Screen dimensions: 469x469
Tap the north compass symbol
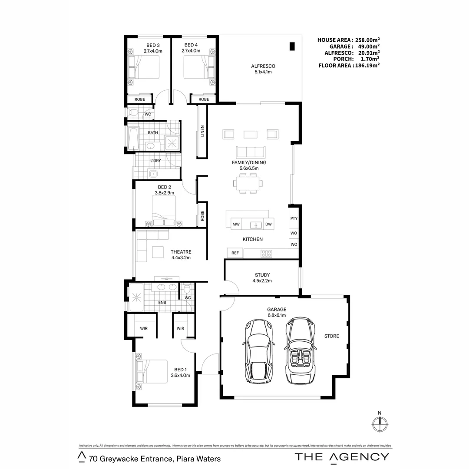(x=380, y=423)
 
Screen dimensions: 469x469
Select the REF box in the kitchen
(x=235, y=253)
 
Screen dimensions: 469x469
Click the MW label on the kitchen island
(x=236, y=225)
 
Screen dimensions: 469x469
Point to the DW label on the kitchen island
(x=268, y=225)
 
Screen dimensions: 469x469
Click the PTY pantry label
(x=294, y=218)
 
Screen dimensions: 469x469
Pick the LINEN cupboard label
(x=202, y=132)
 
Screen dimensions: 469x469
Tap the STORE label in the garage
(x=331, y=336)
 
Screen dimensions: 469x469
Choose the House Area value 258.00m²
(x=366, y=40)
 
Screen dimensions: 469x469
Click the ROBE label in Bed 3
(x=140, y=99)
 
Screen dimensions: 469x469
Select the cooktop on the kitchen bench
(x=266, y=253)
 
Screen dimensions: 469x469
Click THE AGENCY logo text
(x=342, y=456)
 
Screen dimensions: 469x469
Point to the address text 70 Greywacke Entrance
(x=155, y=459)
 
